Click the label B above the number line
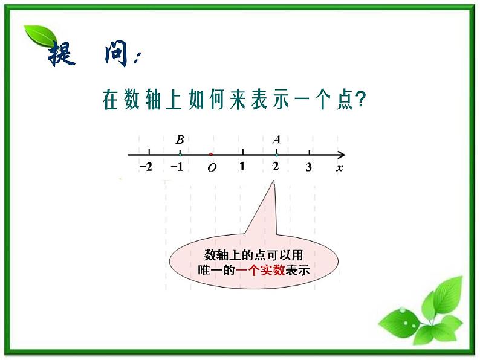click(180, 140)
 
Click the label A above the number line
click(276, 140)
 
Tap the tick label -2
click(146, 167)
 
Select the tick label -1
click(177, 167)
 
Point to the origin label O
click(212, 167)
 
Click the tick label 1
click(242, 166)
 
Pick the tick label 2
click(276, 166)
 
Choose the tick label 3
click(308, 167)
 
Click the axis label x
click(340, 167)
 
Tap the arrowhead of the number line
click(342, 155)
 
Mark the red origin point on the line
click(211, 155)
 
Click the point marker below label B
click(180, 155)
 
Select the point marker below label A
click(277, 155)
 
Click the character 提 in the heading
click(62, 54)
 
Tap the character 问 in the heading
click(116, 54)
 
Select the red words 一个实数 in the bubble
click(260, 270)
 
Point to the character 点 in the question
click(345, 100)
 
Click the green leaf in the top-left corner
click(41, 36)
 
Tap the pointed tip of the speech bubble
click(273, 181)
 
